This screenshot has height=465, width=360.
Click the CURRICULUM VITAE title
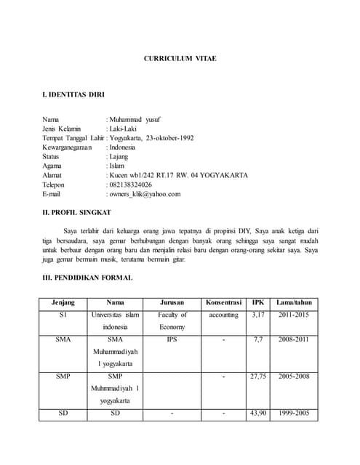[180, 58]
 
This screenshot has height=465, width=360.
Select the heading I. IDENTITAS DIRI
[73, 95]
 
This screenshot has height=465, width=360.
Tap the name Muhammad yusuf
[136, 119]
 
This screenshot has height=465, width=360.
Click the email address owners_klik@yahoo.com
[145, 194]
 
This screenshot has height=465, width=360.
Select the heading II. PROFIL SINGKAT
[77, 212]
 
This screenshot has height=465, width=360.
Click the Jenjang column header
[63, 302]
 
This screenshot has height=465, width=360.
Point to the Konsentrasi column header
[223, 302]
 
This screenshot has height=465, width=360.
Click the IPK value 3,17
[258, 315]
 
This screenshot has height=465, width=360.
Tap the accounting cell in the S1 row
[223, 315]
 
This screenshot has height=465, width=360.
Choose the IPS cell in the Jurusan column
[172, 339]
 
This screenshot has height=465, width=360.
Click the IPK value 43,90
[258, 413]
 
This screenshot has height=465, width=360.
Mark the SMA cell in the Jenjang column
[63, 339]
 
